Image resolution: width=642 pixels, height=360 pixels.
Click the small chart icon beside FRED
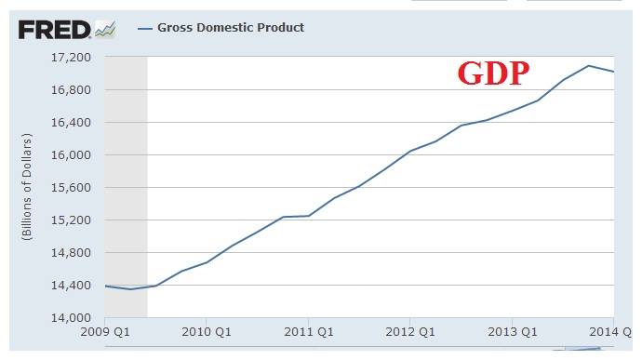coord(105,29)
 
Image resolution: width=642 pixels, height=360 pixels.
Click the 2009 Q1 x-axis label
coord(104,332)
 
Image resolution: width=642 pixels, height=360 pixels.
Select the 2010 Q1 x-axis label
coord(206,332)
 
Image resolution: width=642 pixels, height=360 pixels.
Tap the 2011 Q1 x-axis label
coord(308,332)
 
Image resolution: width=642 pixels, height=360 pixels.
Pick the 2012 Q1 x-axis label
coord(409,332)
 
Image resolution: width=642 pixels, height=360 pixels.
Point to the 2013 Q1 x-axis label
coord(512,332)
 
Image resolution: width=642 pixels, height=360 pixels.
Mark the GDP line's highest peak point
coord(588,65)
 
